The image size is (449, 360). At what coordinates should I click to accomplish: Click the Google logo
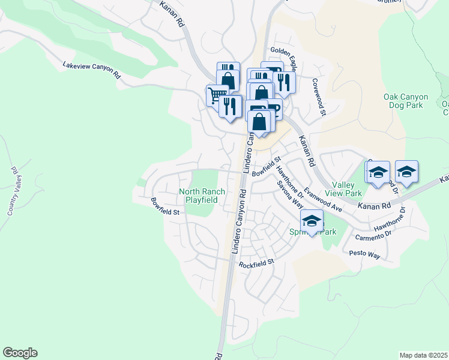20,353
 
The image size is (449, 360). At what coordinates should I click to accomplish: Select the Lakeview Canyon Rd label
92,70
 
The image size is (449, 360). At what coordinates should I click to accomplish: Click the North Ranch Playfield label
202,196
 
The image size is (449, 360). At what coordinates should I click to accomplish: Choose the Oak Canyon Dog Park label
406,101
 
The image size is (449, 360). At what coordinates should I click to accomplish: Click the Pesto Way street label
366,255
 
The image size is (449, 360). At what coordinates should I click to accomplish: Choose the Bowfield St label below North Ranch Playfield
165,206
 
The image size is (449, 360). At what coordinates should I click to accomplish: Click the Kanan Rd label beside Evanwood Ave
374,205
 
